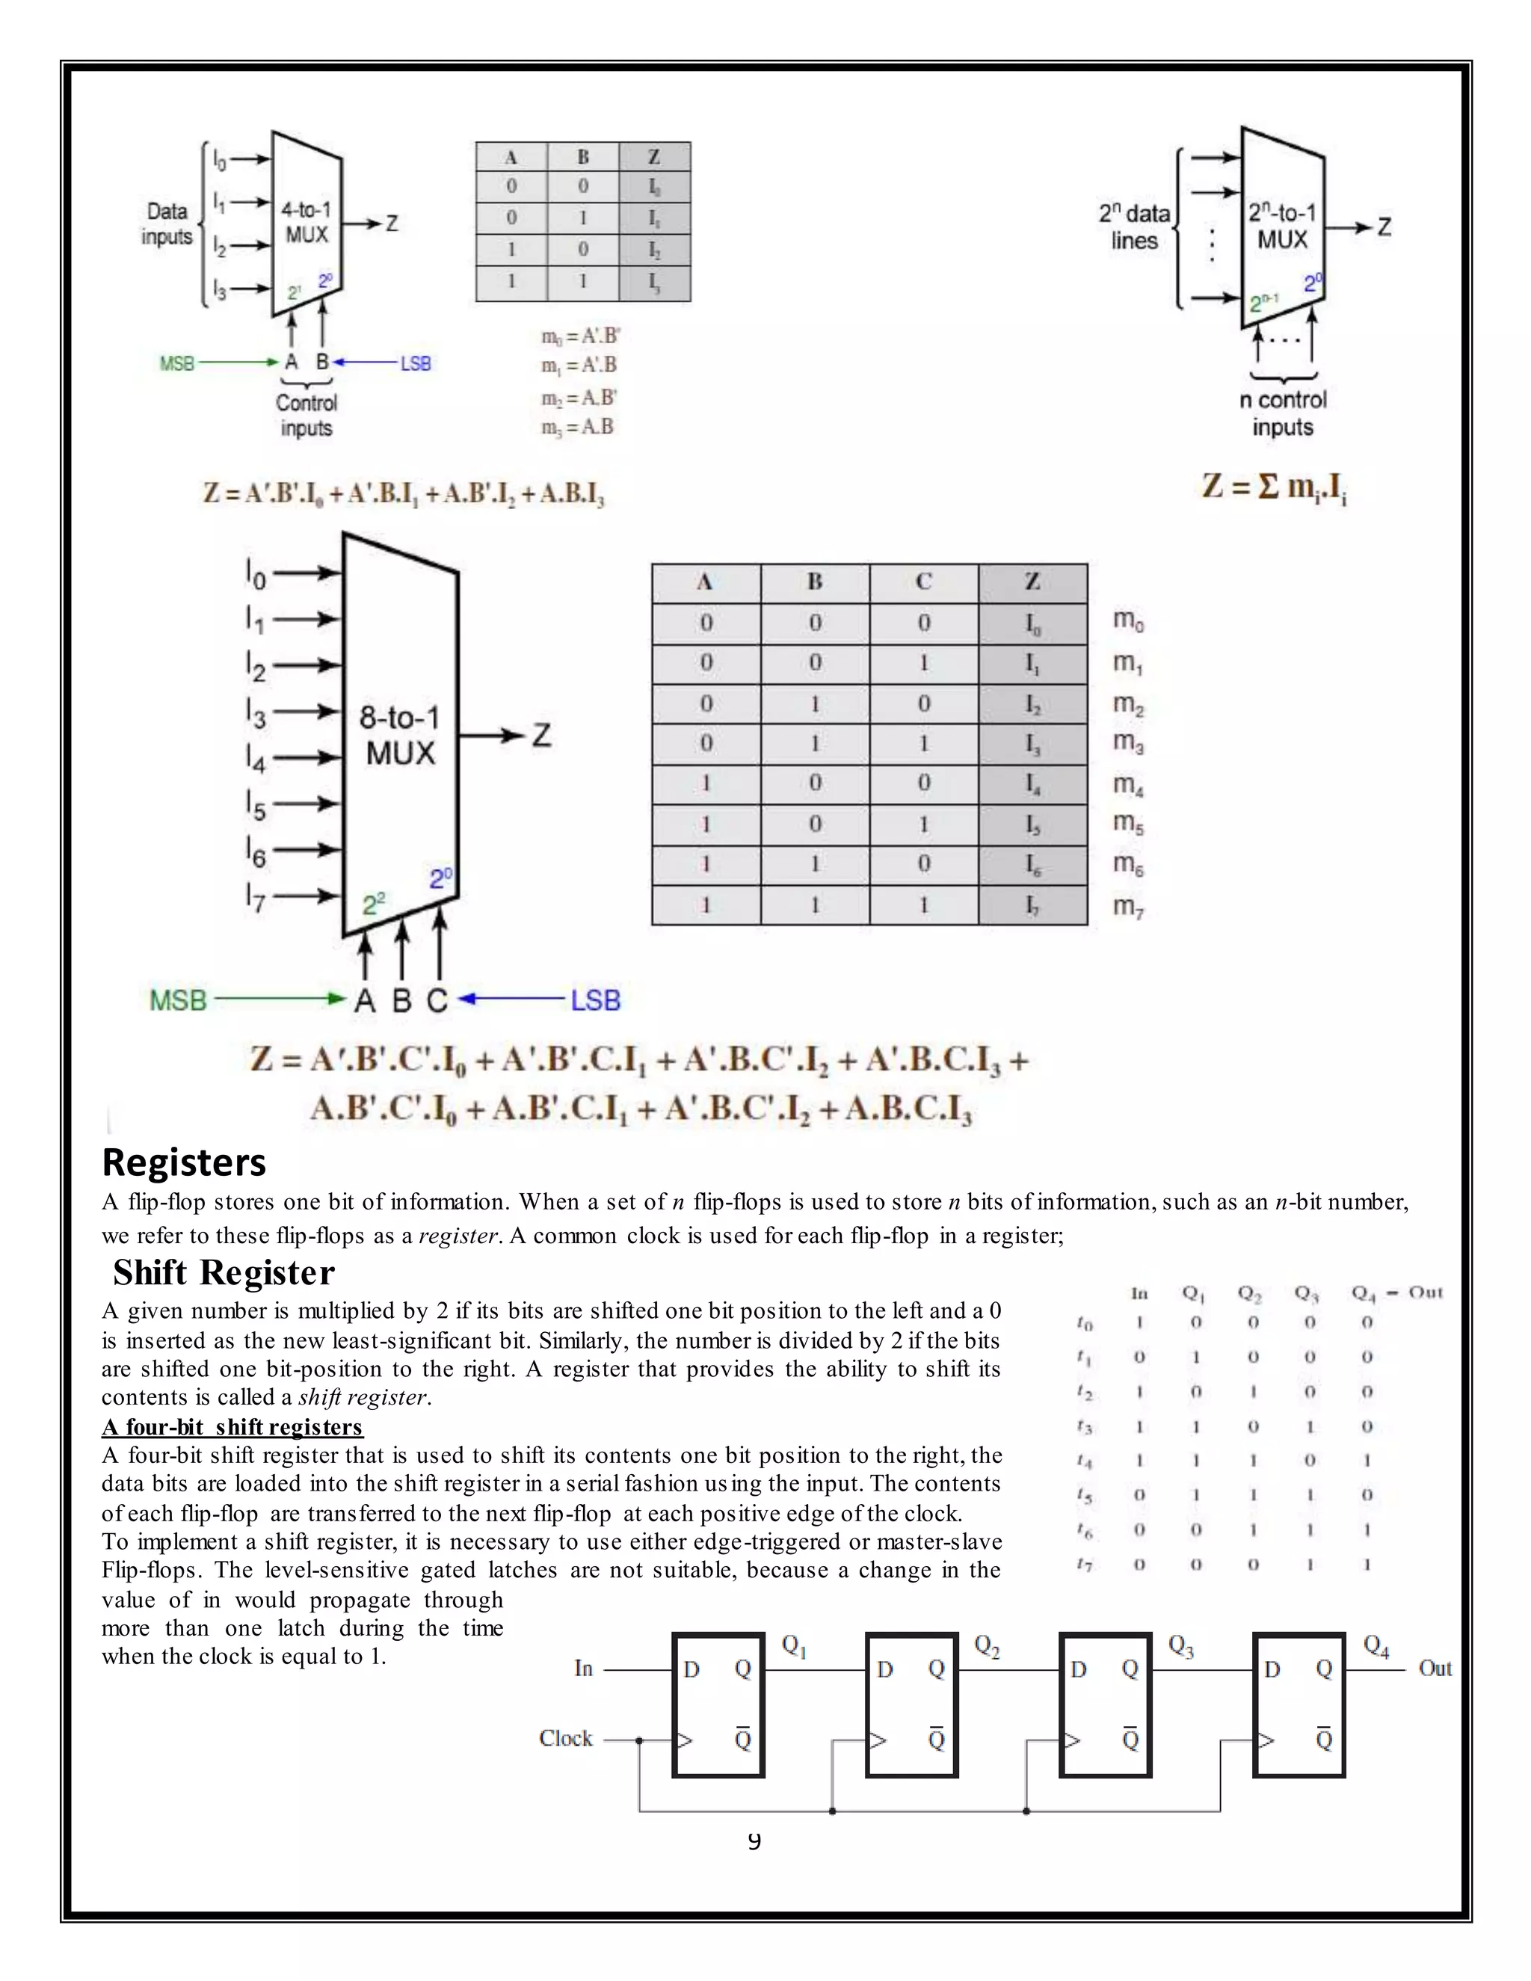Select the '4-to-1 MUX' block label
tap(306, 222)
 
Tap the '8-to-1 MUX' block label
tap(400, 735)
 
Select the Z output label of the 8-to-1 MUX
tap(541, 734)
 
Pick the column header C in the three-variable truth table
tap(923, 582)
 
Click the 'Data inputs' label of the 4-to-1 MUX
tap(167, 224)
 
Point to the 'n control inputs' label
tap(1283, 413)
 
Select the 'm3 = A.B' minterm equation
tap(578, 427)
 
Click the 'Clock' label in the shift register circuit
tap(565, 1738)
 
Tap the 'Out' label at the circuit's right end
tap(1435, 1668)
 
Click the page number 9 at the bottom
tap(754, 1840)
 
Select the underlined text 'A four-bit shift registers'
tap(232, 1427)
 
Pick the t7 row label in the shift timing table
tap(1085, 1565)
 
